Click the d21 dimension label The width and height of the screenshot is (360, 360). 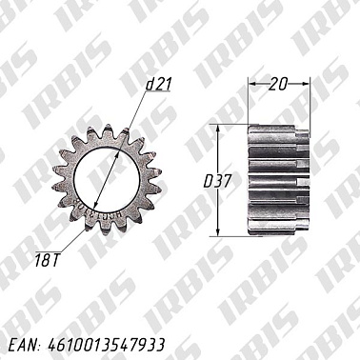point(158,84)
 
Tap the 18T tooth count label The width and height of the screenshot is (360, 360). point(48,260)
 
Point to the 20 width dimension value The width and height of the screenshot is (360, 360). point(278,84)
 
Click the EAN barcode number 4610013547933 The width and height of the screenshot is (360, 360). point(107,345)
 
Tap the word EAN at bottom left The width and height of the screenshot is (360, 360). point(23,346)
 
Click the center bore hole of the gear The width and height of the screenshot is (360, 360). point(107,179)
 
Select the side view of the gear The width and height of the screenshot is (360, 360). point(278,180)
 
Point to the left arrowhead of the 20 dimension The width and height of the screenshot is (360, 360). point(251,84)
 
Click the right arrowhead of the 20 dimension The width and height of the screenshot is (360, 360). point(306,84)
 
